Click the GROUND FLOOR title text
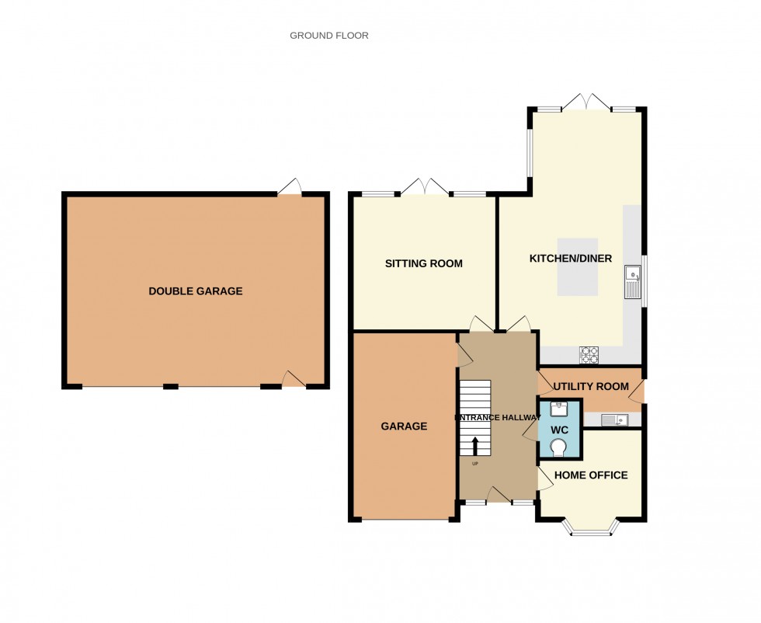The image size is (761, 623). tap(329, 36)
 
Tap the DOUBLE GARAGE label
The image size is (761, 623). tap(196, 291)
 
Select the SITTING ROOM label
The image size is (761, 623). tap(423, 263)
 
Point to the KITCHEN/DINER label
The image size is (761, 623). tap(571, 259)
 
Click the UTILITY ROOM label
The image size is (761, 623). tap(591, 386)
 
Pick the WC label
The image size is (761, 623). tap(560, 430)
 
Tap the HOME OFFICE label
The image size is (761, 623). tap(591, 475)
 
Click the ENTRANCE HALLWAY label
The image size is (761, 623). tap(498, 418)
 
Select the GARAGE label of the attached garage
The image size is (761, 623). tap(404, 426)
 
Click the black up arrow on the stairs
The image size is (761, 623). tap(475, 445)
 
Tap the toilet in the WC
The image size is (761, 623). tap(558, 446)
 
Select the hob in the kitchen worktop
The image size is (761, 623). tap(589, 355)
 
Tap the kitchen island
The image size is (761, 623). tap(577, 266)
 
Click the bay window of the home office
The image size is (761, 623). tap(592, 530)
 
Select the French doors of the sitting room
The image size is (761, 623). tap(426, 187)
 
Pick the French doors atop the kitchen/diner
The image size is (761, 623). tap(587, 103)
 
